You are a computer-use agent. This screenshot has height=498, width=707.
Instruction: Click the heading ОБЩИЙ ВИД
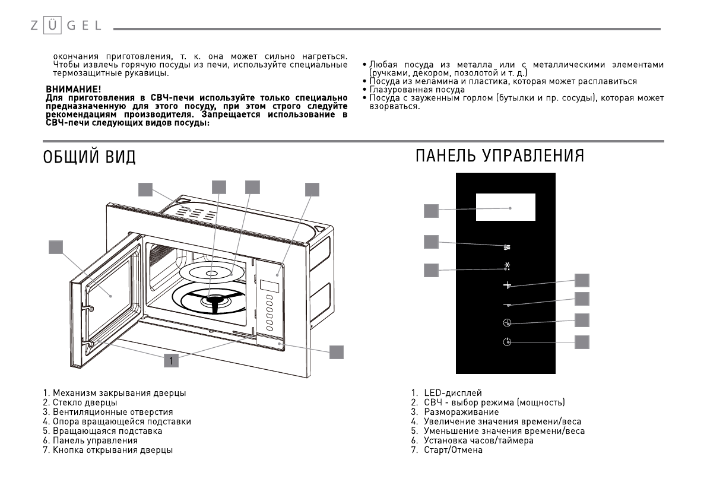[x=89, y=157]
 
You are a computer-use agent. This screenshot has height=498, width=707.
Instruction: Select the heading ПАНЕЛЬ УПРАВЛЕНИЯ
[x=499, y=156]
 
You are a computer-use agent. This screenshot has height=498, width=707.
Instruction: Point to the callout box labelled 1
[x=171, y=360]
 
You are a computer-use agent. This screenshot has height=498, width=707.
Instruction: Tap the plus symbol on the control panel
[x=506, y=286]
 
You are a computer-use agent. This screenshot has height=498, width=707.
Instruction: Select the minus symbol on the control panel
[x=506, y=304]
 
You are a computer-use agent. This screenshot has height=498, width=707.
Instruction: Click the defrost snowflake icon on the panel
[x=506, y=267]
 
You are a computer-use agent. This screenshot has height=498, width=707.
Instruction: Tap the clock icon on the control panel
[x=506, y=323]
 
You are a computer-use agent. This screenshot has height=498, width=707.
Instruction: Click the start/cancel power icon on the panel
[x=506, y=342]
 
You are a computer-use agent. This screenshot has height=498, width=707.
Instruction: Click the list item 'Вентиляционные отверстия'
[x=112, y=412]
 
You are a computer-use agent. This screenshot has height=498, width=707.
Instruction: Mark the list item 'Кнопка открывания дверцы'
[x=112, y=450]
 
